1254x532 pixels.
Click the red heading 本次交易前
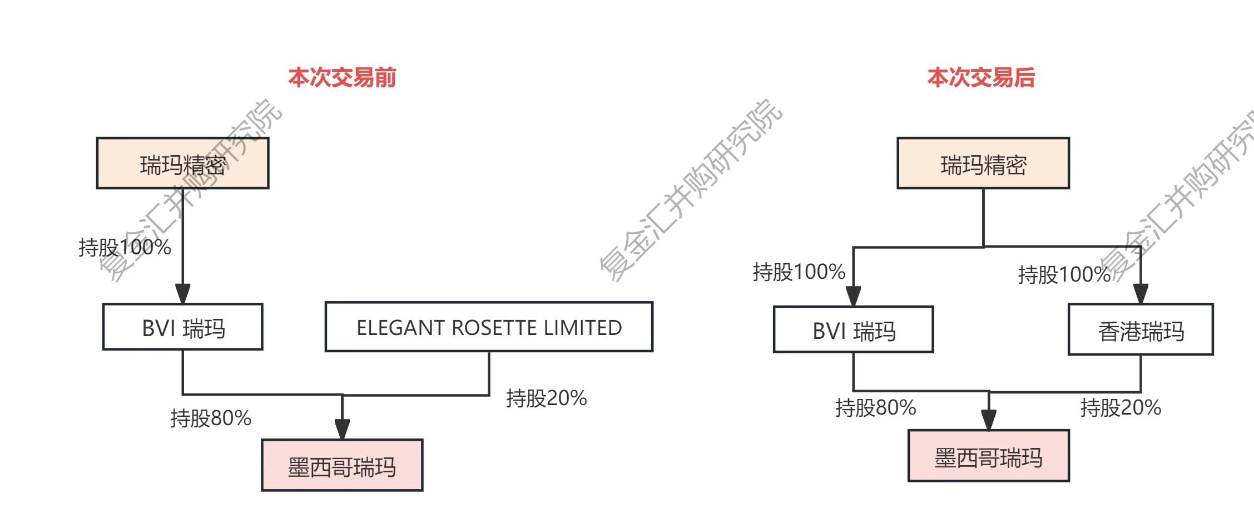[x=341, y=77]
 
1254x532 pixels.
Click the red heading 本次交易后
[x=980, y=77]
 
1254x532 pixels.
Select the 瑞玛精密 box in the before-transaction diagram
[x=182, y=164]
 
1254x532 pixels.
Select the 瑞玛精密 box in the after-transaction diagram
[x=983, y=164]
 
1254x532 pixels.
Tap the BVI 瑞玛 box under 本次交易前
[x=182, y=327]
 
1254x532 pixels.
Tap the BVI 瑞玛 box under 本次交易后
[x=853, y=329]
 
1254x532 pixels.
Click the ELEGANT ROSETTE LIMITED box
[x=488, y=327]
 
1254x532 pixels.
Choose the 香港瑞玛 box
[x=1140, y=330]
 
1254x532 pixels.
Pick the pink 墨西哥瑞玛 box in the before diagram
[x=341, y=466]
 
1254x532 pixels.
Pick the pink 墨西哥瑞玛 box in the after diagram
[x=988, y=456]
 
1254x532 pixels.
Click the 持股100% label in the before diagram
[x=125, y=248]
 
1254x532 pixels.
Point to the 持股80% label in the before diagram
[x=210, y=418]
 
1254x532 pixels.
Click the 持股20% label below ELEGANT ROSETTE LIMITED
[x=546, y=398]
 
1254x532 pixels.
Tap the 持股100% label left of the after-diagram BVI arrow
[x=799, y=272]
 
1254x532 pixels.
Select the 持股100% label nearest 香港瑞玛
[x=1064, y=274]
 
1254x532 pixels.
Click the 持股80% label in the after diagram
[x=875, y=408]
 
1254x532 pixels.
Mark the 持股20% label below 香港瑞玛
[x=1120, y=408]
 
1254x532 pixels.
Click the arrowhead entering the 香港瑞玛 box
[x=1140, y=294]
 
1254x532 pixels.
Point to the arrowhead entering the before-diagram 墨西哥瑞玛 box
[x=342, y=429]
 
